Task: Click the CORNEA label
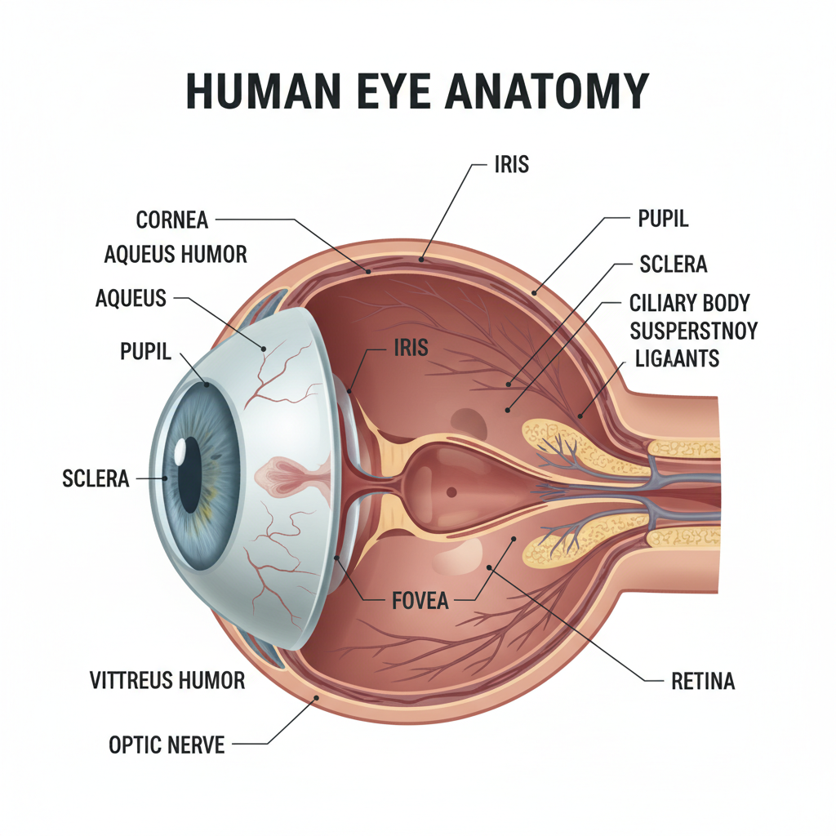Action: click(172, 220)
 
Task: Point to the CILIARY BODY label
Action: click(689, 304)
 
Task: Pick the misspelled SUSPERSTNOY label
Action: click(693, 331)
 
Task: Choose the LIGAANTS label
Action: click(676, 358)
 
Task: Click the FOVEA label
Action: click(420, 602)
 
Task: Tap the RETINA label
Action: click(702, 681)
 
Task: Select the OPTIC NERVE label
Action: click(167, 745)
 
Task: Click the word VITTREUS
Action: click(133, 680)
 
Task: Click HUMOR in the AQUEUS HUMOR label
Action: click(214, 255)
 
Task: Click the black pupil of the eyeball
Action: click(189, 474)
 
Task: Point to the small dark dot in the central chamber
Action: click(451, 491)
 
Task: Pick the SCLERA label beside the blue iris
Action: click(96, 478)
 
